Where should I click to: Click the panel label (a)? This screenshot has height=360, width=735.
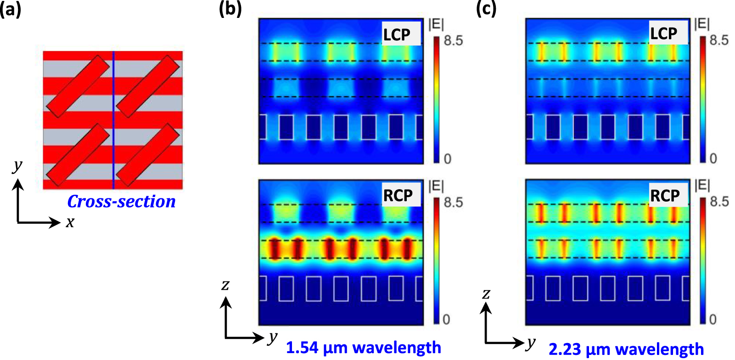[x=10, y=9]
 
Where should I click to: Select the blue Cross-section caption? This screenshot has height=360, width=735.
[x=121, y=202]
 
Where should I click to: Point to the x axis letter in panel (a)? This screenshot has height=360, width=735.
[x=70, y=222]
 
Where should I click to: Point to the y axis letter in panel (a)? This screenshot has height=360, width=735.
[x=17, y=165]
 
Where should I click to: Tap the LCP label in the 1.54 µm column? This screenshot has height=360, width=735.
[x=397, y=34]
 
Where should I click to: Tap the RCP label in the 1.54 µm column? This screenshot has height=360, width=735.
[x=398, y=196]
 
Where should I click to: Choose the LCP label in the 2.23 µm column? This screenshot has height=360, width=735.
[x=664, y=34]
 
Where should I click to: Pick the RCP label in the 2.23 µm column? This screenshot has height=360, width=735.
[x=665, y=196]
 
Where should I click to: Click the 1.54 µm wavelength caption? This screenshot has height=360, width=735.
[x=363, y=348]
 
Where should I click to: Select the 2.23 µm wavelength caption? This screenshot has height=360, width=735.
[x=626, y=349]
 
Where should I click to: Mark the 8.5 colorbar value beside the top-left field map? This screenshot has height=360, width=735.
[x=453, y=41]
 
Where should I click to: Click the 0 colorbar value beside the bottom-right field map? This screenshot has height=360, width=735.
[x=713, y=319]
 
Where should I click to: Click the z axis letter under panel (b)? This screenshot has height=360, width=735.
[x=225, y=285]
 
